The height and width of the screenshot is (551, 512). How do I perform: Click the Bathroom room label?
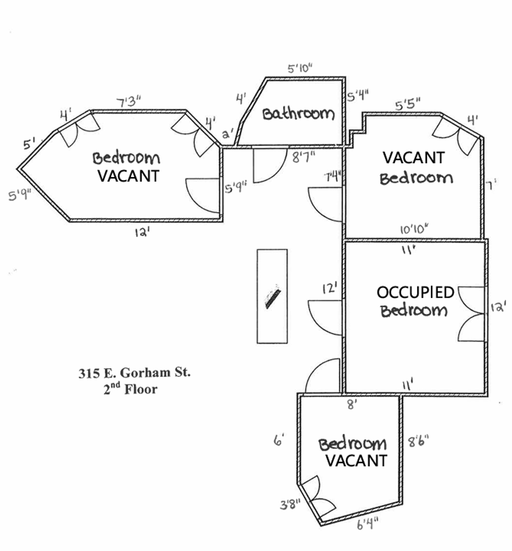[x=298, y=113]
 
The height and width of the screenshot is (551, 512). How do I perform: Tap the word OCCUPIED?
[x=416, y=292]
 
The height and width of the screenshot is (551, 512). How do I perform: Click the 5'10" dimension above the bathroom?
[x=300, y=68]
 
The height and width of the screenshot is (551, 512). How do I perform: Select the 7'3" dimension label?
[x=129, y=102]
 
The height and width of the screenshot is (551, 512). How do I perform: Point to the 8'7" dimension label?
[x=304, y=157]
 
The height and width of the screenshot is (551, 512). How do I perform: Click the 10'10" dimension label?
[x=415, y=230]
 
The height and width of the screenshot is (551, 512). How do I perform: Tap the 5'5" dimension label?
[x=407, y=105]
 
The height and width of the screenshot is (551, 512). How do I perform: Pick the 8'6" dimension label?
[x=418, y=441]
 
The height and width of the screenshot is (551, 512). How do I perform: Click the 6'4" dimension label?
[x=368, y=524]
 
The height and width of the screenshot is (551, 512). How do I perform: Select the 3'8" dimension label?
[x=290, y=505]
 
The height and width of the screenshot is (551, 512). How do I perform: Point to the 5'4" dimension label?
[x=358, y=95]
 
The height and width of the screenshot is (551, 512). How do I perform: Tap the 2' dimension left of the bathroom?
[x=228, y=134]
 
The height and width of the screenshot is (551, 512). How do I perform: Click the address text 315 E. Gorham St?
[x=135, y=372]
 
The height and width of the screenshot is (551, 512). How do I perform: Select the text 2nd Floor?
[x=130, y=389]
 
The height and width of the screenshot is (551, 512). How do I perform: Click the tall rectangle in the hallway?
[x=272, y=296]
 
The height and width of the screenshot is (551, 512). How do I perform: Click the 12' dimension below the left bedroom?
[x=142, y=232]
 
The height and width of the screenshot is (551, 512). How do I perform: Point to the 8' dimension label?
[x=352, y=404]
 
